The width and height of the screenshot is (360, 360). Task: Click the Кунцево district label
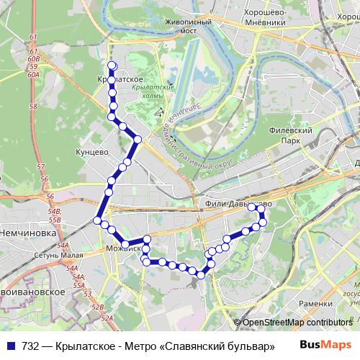tap(91, 153)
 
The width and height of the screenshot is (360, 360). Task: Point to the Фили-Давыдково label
tap(238, 204)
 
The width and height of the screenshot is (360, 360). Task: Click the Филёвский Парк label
tap(288, 135)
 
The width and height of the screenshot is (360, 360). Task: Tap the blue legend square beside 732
tap(10, 346)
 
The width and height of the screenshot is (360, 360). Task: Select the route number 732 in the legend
tap(31, 346)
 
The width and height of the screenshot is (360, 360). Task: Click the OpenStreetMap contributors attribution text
tap(297, 323)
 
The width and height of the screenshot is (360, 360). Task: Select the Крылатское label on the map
tap(120, 78)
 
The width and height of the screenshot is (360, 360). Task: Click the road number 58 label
tap(33, 106)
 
